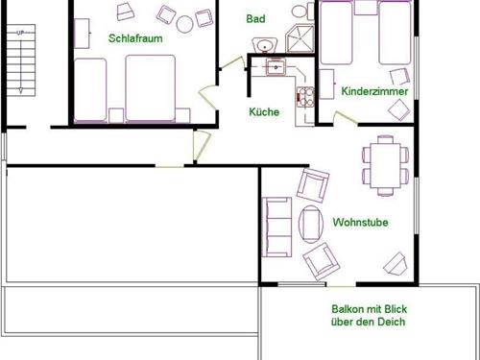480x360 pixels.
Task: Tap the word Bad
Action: (x=254, y=18)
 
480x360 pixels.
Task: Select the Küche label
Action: (x=264, y=112)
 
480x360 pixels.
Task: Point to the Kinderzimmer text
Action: (x=374, y=91)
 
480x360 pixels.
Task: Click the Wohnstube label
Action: (x=359, y=222)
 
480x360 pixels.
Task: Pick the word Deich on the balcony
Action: (x=390, y=322)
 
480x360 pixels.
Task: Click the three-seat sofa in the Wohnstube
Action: (x=278, y=228)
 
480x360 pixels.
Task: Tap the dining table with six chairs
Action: (x=386, y=164)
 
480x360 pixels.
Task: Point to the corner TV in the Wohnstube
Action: (x=396, y=262)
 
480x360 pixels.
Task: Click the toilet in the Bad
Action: (x=300, y=10)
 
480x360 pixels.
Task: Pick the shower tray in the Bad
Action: (x=300, y=37)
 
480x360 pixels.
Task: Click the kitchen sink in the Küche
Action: (x=276, y=66)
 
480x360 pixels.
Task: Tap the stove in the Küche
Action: (x=306, y=96)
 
